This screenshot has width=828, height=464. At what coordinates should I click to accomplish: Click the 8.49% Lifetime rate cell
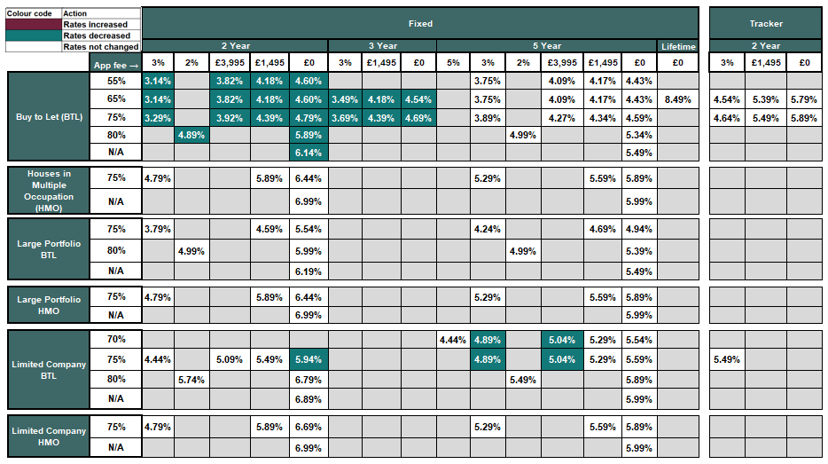(x=678, y=99)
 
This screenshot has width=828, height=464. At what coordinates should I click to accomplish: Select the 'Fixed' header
(x=421, y=23)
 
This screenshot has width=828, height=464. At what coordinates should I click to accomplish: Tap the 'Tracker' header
(x=765, y=23)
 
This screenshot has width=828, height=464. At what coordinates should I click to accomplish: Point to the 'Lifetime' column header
(x=678, y=46)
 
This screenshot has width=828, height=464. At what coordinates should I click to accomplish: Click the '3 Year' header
(x=382, y=46)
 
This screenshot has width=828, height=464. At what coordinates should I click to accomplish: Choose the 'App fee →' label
(x=116, y=63)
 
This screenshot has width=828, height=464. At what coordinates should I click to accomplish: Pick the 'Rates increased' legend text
(x=100, y=25)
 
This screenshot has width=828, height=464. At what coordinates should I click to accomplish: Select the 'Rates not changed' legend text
(x=100, y=46)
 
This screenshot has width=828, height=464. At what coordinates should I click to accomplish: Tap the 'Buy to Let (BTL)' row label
(x=50, y=117)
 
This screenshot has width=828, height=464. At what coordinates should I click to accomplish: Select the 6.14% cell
(x=309, y=153)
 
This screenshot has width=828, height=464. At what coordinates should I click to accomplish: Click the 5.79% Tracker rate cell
(x=804, y=99)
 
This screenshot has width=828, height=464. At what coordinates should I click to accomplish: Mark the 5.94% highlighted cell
(x=309, y=359)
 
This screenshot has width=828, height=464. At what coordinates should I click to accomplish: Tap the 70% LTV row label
(x=116, y=339)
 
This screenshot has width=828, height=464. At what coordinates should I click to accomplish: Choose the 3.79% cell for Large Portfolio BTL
(x=158, y=229)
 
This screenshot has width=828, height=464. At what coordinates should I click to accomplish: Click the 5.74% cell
(x=191, y=379)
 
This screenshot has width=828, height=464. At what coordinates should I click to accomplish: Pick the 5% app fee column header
(x=453, y=63)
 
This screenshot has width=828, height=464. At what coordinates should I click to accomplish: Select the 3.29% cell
(x=158, y=117)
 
